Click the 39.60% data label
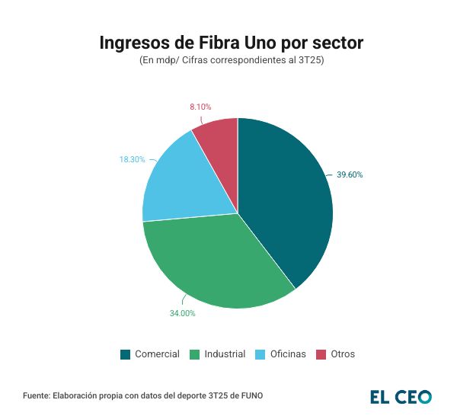click(x=350, y=174)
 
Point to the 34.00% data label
click(x=182, y=313)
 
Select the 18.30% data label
click(x=132, y=159)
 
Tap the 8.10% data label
click(x=200, y=107)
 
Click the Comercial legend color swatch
click(x=126, y=354)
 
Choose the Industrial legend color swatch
click(x=194, y=354)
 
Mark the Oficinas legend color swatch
click(x=259, y=354)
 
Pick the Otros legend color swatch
click(x=321, y=354)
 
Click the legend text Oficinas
click(x=287, y=354)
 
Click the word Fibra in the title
click(x=216, y=43)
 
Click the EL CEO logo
click(x=401, y=396)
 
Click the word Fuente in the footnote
click(x=37, y=395)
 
